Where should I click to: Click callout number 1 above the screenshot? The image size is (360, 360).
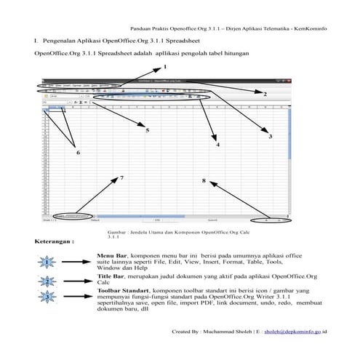click(155, 68)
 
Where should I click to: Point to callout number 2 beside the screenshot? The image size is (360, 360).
click(265, 94)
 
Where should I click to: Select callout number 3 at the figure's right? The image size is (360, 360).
click(271, 136)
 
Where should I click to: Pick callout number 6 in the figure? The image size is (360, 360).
click(79, 153)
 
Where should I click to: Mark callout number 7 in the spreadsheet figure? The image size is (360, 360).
click(121, 177)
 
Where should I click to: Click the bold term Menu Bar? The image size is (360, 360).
click(111, 257)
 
